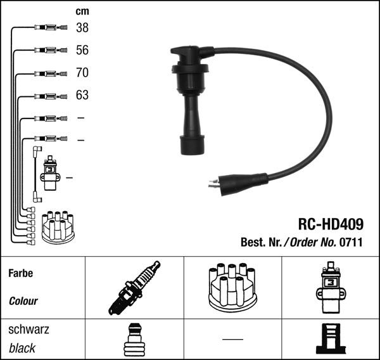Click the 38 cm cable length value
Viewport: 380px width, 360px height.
(82, 28)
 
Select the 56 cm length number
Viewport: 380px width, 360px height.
(82, 50)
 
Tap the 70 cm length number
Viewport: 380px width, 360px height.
(82, 72)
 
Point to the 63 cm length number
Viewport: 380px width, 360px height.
(82, 95)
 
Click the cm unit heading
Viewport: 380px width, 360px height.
(82, 11)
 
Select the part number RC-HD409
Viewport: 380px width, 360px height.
(331, 224)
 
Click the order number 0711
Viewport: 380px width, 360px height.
(351, 242)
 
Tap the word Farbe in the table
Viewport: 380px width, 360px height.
(21, 273)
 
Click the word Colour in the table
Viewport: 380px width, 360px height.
(23, 301)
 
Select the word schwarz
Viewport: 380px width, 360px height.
(28, 330)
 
